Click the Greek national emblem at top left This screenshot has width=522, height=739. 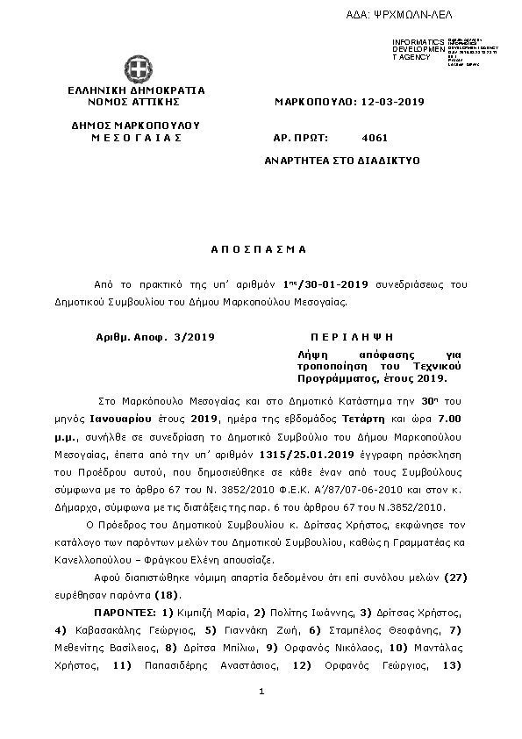pyautogui.click(x=136, y=68)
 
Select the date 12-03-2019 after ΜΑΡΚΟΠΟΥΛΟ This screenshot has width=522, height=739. pyautogui.click(x=391, y=102)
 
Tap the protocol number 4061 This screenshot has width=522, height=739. pyautogui.click(x=375, y=138)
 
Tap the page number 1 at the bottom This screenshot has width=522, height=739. pyautogui.click(x=261, y=693)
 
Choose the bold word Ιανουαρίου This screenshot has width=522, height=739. pyautogui.click(x=122, y=420)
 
